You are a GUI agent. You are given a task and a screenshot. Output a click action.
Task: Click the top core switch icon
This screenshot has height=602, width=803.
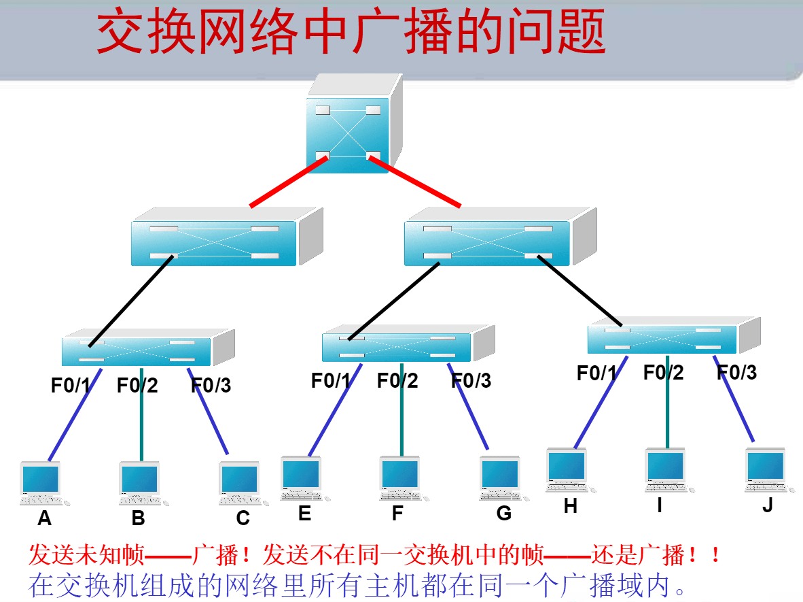pyautogui.click(x=350, y=129)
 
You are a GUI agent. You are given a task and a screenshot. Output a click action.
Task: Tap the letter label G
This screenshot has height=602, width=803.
pyautogui.click(x=503, y=514)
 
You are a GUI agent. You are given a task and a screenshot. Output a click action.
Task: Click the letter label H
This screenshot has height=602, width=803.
pyautogui.click(x=570, y=506)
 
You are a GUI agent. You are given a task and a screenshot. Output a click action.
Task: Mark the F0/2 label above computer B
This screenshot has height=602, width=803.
pyautogui.click(x=137, y=386)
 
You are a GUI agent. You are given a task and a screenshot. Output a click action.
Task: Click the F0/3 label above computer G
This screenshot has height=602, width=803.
pyautogui.click(x=471, y=381)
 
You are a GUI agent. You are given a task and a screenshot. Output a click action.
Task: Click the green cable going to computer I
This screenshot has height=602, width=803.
pyautogui.click(x=666, y=408)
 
